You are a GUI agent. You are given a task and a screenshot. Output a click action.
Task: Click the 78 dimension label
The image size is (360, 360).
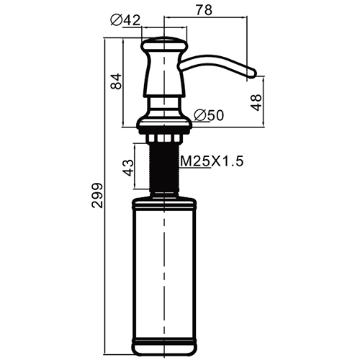204,10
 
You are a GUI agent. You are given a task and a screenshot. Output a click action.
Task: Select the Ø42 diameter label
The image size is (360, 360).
125,20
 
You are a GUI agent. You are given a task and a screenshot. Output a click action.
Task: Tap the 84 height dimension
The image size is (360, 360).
117,81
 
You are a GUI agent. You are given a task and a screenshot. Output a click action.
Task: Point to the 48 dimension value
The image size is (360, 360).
256,102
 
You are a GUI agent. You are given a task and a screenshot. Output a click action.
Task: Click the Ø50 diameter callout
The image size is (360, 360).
209,115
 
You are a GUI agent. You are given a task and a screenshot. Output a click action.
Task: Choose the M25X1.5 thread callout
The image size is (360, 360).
212,161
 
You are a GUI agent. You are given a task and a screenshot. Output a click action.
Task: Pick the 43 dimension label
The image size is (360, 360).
128,168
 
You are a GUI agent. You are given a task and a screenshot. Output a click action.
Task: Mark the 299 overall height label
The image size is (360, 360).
97,195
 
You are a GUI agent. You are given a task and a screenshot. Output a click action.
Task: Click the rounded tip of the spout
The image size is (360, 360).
252,73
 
